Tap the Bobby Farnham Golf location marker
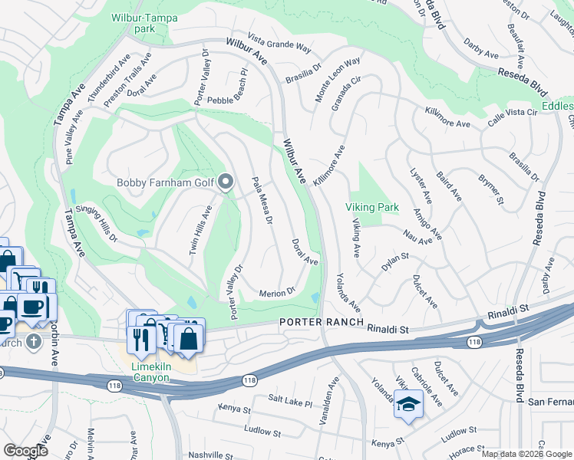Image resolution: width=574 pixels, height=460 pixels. coord(226,182)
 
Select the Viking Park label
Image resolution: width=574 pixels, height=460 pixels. coord(371,207)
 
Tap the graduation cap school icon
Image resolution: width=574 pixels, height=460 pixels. coord(408,404)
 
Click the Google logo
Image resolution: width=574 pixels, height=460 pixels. coord(25,450)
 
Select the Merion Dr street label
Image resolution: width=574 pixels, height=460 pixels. coord(277,292)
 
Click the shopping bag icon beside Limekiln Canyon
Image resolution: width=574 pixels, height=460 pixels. coord(188,337)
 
